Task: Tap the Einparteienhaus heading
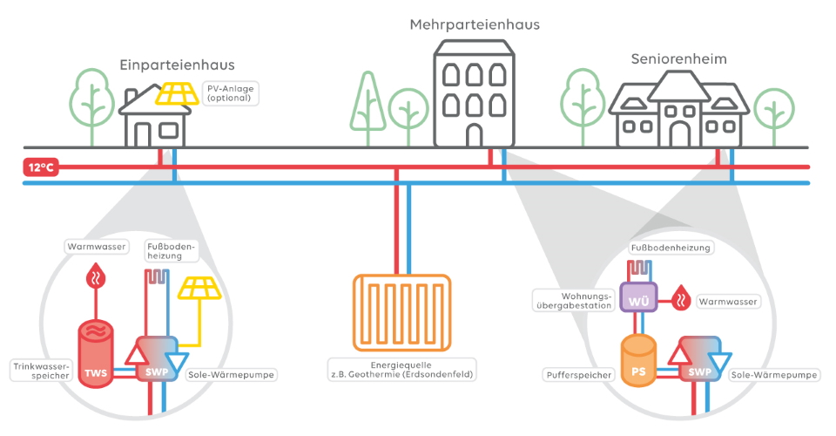click(177, 65)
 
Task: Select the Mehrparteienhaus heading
click(475, 24)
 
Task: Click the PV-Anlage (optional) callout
click(229, 92)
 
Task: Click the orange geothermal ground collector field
click(401, 312)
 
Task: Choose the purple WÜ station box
click(637, 299)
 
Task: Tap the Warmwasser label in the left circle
click(96, 247)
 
